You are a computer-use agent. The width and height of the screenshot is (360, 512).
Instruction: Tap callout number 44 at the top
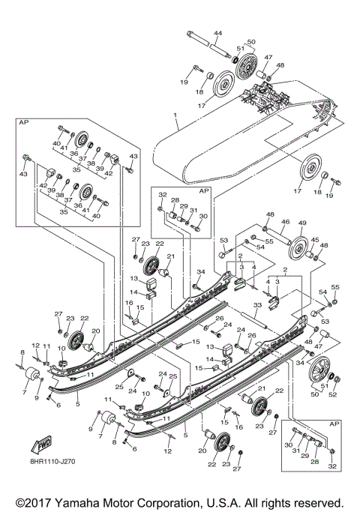pos(218,34)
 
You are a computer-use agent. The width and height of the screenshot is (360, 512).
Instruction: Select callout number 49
pos(304,223)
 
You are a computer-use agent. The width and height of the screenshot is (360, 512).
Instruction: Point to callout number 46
pos(285,223)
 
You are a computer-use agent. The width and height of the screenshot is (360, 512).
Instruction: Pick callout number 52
pos(332,394)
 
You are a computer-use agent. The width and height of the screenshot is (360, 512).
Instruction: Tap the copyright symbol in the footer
pos(14,501)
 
